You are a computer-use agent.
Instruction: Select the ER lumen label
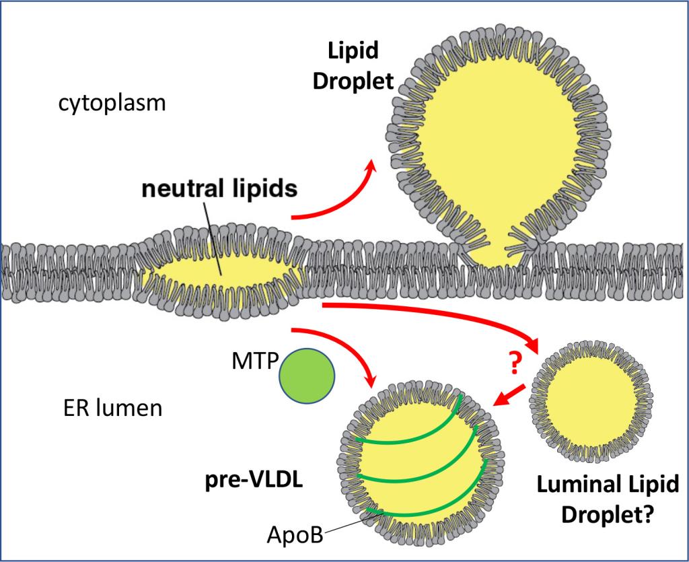pyautogui.click(x=108, y=408)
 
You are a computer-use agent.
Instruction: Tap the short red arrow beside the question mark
pyautogui.click(x=510, y=395)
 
